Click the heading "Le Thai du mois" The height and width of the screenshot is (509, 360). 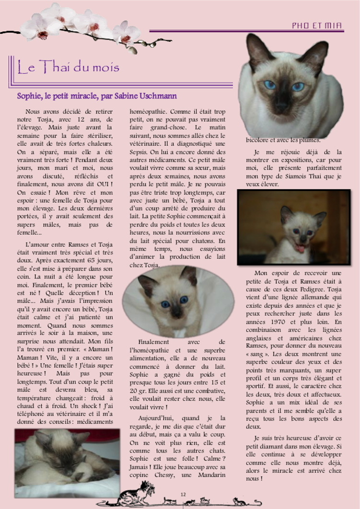click(68, 68)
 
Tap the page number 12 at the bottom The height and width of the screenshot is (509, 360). click(183, 494)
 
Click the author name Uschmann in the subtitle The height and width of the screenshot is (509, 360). click(160, 96)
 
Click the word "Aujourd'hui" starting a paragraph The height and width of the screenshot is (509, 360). click(155, 418)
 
